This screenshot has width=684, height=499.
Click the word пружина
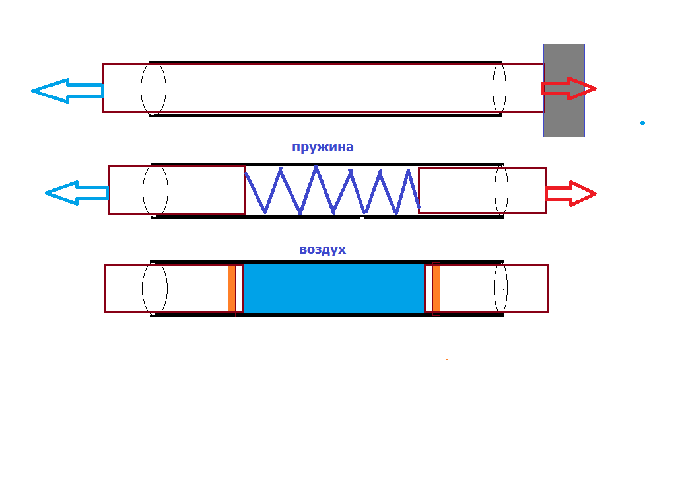coord(322,147)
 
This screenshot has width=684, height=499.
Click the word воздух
coord(322,249)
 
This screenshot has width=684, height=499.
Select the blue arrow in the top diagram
coord(66,90)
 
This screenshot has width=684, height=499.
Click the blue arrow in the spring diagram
coord(76,193)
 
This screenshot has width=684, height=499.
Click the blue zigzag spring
coord(332,190)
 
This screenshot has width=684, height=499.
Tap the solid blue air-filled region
coord(333,288)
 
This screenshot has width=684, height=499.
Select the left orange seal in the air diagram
coord(232,289)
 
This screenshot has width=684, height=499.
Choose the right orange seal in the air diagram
coord(436,289)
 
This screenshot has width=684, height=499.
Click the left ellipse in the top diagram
coord(153,89)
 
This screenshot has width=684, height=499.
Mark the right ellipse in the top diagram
coord(499,89)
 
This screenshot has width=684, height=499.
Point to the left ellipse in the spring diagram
coord(155,190)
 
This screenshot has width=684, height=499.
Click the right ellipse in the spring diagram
coord(501,190)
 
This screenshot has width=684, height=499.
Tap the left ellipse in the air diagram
coord(154,288)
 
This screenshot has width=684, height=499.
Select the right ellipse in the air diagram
coord(500,288)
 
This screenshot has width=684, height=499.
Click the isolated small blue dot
coord(642,122)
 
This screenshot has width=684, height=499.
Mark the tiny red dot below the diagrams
coord(447,360)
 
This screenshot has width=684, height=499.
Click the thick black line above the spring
coord(327,163)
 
